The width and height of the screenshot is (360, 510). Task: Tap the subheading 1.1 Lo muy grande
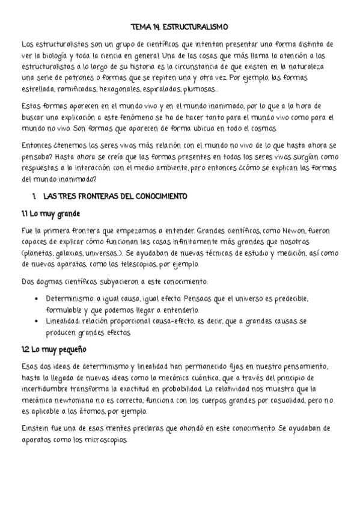coord(50,214)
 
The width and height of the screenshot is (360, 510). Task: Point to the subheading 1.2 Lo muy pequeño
coord(54,349)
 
